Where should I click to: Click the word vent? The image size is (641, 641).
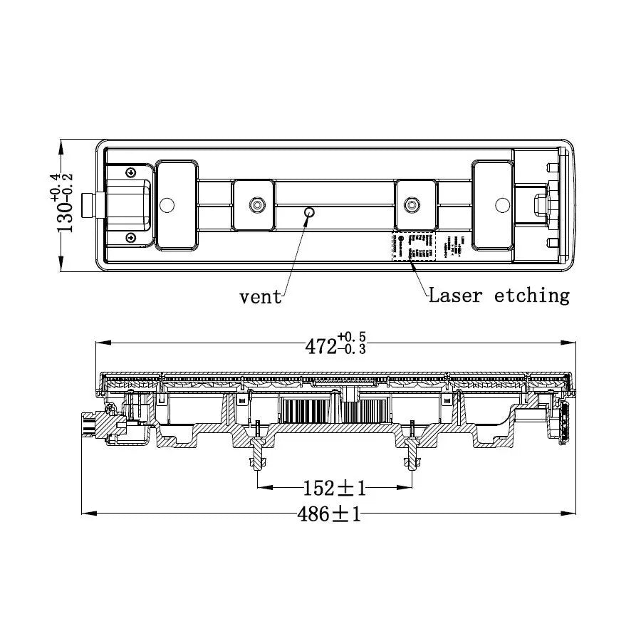[261, 297]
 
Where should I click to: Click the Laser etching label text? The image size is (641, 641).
[499, 295]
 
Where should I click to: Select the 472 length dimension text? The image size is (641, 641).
[320, 346]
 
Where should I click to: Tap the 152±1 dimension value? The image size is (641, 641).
[334, 489]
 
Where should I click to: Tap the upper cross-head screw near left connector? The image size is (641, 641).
[130, 173]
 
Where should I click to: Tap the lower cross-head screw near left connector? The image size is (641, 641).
[130, 237]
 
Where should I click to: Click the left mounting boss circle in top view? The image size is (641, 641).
[255, 205]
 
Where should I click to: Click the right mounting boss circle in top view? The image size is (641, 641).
[411, 205]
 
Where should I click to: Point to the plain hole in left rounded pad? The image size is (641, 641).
[167, 205]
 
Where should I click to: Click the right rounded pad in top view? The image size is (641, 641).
[491, 205]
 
